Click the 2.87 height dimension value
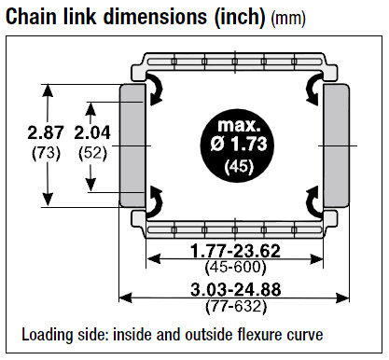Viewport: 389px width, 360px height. tap(46, 132)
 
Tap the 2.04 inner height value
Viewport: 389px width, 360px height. tap(92, 132)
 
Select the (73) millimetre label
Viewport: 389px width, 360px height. tap(46, 153)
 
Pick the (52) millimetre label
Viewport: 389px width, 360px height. tap(92, 153)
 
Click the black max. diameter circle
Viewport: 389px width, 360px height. tap(238, 145)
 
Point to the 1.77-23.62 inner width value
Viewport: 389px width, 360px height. tap(235, 251)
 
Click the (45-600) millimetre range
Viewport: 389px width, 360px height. tap(235, 267)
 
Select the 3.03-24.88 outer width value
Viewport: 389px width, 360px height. tap(236, 290)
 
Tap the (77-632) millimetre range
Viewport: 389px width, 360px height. tap(236, 307)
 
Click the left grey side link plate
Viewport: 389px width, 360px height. tap(132, 145)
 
